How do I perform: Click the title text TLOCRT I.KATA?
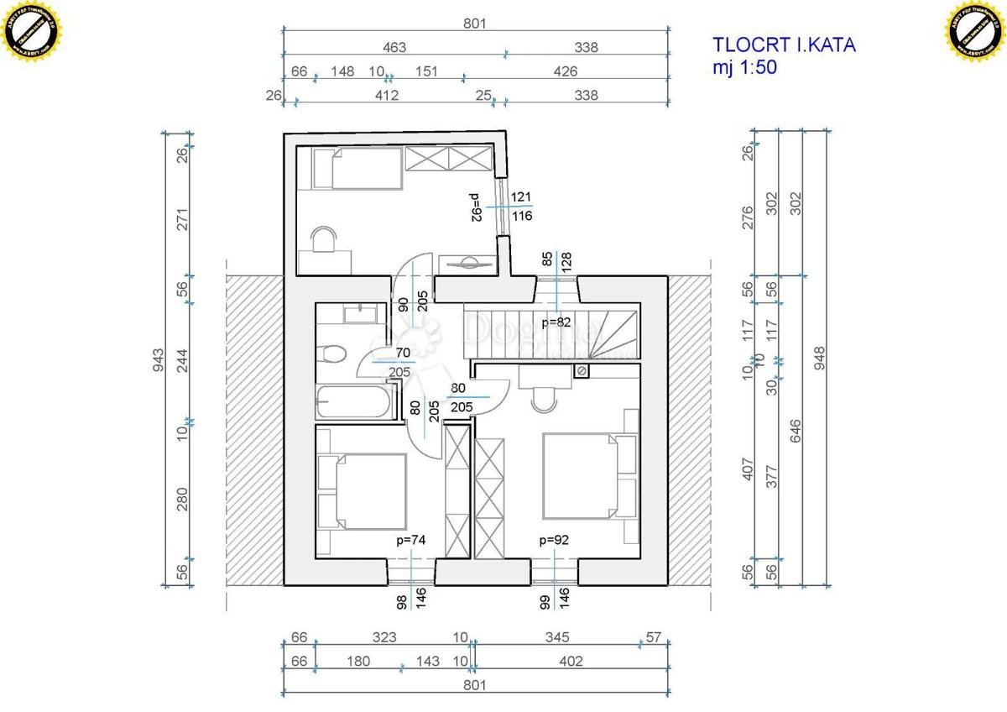pyautogui.click(x=784, y=45)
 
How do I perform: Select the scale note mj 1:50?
pyautogui.click(x=745, y=69)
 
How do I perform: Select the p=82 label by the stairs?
pyautogui.click(x=556, y=322)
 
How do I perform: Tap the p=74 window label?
pyautogui.click(x=411, y=541)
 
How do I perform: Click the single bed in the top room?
pyautogui.click(x=357, y=168)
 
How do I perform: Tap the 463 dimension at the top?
pyautogui.click(x=392, y=48)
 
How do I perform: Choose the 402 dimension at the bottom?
pyautogui.click(x=571, y=662)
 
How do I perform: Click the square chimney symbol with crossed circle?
pyautogui.click(x=580, y=370)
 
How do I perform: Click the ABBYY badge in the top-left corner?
pyautogui.click(x=33, y=32)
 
